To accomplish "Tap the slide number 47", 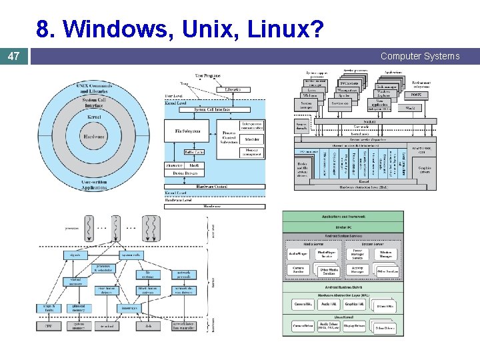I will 13,57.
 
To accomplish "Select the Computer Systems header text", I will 420,57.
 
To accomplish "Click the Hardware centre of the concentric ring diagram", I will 94,137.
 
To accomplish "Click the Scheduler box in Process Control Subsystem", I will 252,139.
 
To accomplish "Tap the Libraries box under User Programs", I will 233,89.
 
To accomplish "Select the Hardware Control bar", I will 214,186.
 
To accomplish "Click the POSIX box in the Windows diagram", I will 417,95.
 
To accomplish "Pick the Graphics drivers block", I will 425,169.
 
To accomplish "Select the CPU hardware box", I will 48,326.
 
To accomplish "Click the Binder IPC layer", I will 343,227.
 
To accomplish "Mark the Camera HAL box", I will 303,304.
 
